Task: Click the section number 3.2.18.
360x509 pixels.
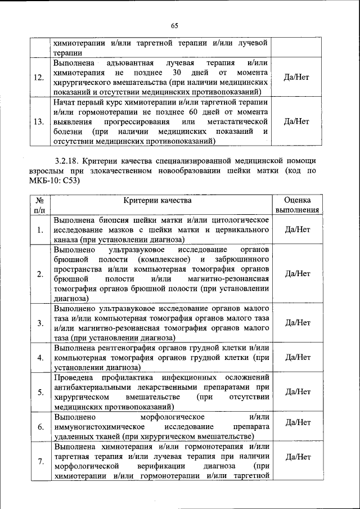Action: (x=69, y=161)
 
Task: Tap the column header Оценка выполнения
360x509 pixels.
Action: (x=298, y=205)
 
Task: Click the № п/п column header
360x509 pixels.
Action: (x=39, y=205)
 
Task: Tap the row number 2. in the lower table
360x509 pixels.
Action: (x=40, y=274)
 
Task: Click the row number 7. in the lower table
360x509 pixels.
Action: (x=40, y=462)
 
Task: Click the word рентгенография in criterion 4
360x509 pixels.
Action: (x=127, y=347)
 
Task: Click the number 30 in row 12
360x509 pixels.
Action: (x=177, y=72)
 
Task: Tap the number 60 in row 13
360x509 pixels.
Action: (x=179, y=111)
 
